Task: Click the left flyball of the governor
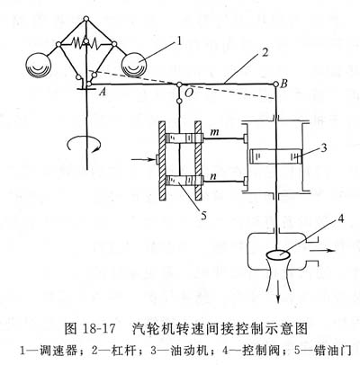point(39,66)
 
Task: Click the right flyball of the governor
point(134,65)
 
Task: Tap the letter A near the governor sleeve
point(103,92)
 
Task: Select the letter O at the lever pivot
point(188,93)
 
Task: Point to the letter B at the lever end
point(283,84)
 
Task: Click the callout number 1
point(179,41)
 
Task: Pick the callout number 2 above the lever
point(265,53)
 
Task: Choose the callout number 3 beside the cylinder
point(323,148)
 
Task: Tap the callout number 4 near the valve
point(340,219)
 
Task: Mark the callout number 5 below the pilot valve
point(204,215)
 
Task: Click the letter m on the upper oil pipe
point(214,132)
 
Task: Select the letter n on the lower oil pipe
point(213,176)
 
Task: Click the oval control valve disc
point(278,255)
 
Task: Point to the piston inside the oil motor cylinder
point(276,156)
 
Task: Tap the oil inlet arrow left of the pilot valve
point(142,160)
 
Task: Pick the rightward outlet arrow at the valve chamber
point(322,250)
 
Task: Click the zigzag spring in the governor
point(86,44)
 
